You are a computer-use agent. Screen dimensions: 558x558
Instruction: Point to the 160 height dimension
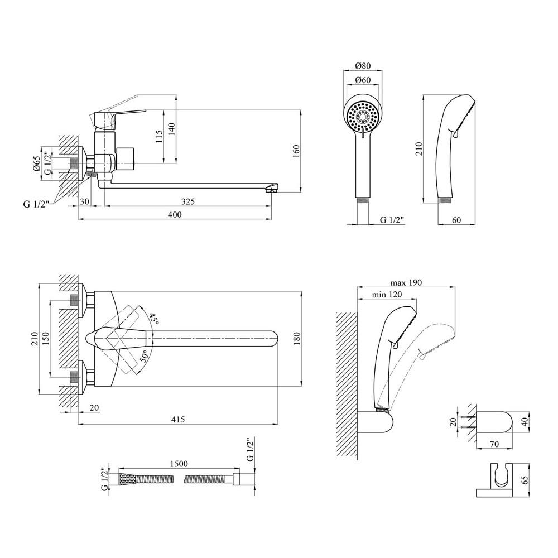click(x=296, y=151)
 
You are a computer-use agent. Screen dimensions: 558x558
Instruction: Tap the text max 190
click(x=407, y=282)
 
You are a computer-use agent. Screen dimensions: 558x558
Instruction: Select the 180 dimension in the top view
click(x=296, y=339)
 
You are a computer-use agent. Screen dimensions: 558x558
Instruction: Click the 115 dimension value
click(x=160, y=137)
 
